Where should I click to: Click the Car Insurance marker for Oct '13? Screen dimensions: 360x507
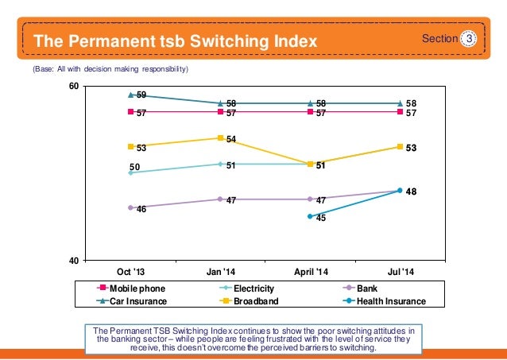[130, 95]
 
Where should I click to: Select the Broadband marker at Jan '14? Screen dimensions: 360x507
[220, 138]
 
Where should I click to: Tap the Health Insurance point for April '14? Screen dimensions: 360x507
[310, 216]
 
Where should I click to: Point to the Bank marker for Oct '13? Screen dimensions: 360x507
[130, 207]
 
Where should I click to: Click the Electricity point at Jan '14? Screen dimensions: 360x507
[220, 164]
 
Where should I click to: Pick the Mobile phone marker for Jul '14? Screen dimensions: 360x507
[400, 112]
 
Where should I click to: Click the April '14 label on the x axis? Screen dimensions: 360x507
[310, 271]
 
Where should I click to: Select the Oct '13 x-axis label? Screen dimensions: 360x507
[130, 271]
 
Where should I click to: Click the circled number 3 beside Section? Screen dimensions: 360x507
[469, 38]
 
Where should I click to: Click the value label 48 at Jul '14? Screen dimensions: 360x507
[412, 192]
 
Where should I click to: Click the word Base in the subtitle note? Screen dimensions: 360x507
[45, 70]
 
